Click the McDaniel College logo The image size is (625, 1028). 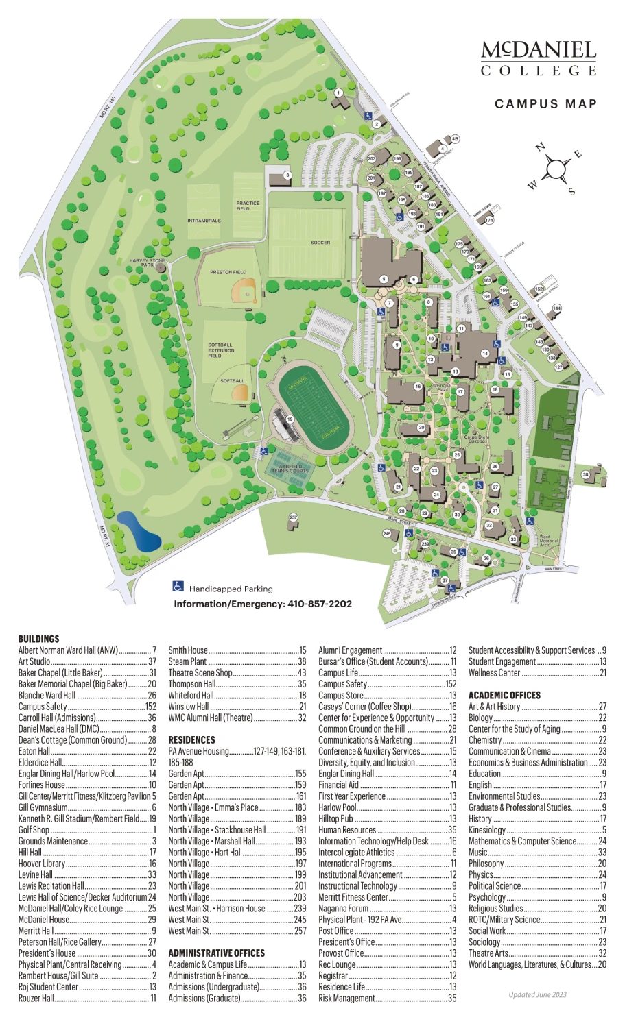pos(539,58)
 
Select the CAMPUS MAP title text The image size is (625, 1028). pos(545,104)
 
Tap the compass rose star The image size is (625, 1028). pos(556,168)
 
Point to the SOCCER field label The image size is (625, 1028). pos(320,243)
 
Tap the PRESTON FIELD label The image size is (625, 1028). pos(228,272)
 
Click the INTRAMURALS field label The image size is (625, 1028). pos(204,221)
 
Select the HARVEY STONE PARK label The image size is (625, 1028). pos(148,262)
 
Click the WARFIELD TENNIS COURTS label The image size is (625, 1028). pos(290,469)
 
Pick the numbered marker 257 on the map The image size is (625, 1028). pos(294,517)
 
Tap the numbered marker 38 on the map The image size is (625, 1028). pos(585,474)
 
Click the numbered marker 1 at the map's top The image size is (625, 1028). pos(338,93)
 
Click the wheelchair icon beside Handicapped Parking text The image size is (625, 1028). pos(178,587)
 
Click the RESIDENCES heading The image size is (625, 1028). pos(191,740)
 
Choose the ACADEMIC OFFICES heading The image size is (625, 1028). pos(504,695)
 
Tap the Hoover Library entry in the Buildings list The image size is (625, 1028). pos(42,864)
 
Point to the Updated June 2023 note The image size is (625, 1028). pos(537,995)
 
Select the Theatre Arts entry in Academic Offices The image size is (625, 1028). pos(488,953)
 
